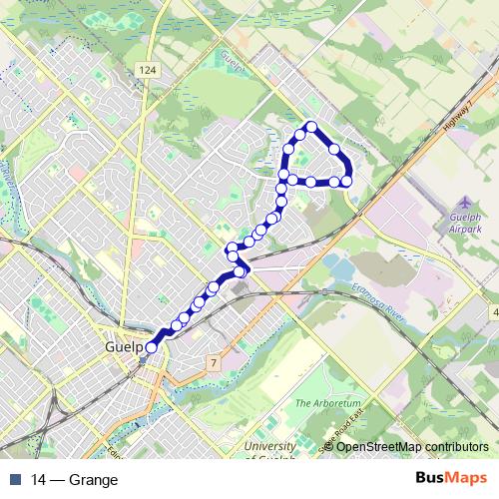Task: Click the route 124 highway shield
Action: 148,69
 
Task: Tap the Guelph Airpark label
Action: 466,223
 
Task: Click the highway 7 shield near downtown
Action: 213,360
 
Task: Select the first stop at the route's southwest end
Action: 151,347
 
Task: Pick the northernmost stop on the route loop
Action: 311,127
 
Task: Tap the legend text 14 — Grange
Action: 75,480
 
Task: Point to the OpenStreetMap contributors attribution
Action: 412,446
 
